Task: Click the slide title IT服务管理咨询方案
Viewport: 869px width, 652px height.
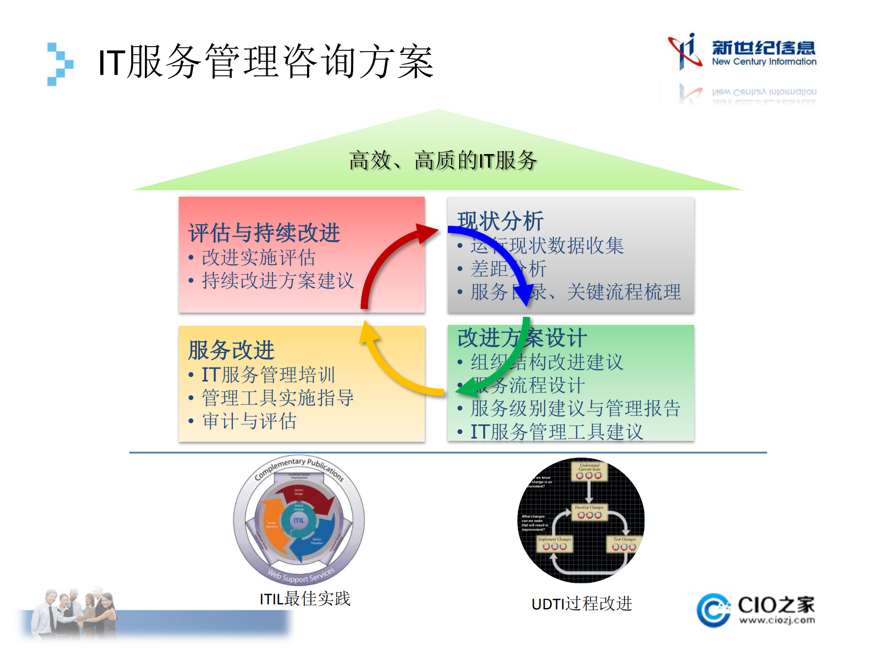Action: point(266,62)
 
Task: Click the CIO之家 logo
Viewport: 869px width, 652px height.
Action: point(756,610)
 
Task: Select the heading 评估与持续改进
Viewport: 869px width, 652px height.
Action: point(264,233)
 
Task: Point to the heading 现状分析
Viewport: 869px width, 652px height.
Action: point(500,221)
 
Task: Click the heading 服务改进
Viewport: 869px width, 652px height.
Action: point(231,350)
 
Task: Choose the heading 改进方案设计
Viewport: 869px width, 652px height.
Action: point(522,338)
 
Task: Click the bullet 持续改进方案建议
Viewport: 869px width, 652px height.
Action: point(278,281)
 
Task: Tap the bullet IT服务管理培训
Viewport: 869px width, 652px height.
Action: point(268,375)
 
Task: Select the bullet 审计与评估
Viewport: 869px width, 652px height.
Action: point(249,421)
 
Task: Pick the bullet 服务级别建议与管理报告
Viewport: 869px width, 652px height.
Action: point(575,408)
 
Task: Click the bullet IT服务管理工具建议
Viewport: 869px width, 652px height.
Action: point(557,432)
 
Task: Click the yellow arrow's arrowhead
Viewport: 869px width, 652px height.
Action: point(368,332)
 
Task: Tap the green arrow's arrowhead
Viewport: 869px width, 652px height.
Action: point(466,388)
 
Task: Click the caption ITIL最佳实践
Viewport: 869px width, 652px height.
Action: point(305,599)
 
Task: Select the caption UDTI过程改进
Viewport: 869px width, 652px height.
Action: point(581,604)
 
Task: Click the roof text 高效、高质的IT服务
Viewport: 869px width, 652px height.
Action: point(443,160)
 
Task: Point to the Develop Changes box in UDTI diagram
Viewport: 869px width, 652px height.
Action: point(589,512)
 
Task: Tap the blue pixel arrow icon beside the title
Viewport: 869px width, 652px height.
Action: point(60,64)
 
